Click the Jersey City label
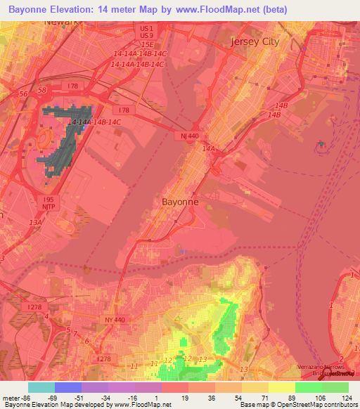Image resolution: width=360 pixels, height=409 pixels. pos(255,41)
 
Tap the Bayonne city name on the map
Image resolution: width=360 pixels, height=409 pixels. pos(180,201)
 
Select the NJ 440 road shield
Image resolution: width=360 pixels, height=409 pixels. pos(188,136)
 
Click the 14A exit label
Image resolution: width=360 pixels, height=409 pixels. pos(208,149)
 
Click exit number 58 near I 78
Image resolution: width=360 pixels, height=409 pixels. pos(42,91)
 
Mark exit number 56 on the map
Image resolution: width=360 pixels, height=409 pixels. pos(23,93)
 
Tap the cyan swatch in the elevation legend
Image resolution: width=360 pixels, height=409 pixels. pos(41,387)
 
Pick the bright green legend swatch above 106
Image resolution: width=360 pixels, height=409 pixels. pos(309,387)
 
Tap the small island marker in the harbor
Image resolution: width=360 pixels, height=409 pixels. pos(322,145)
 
